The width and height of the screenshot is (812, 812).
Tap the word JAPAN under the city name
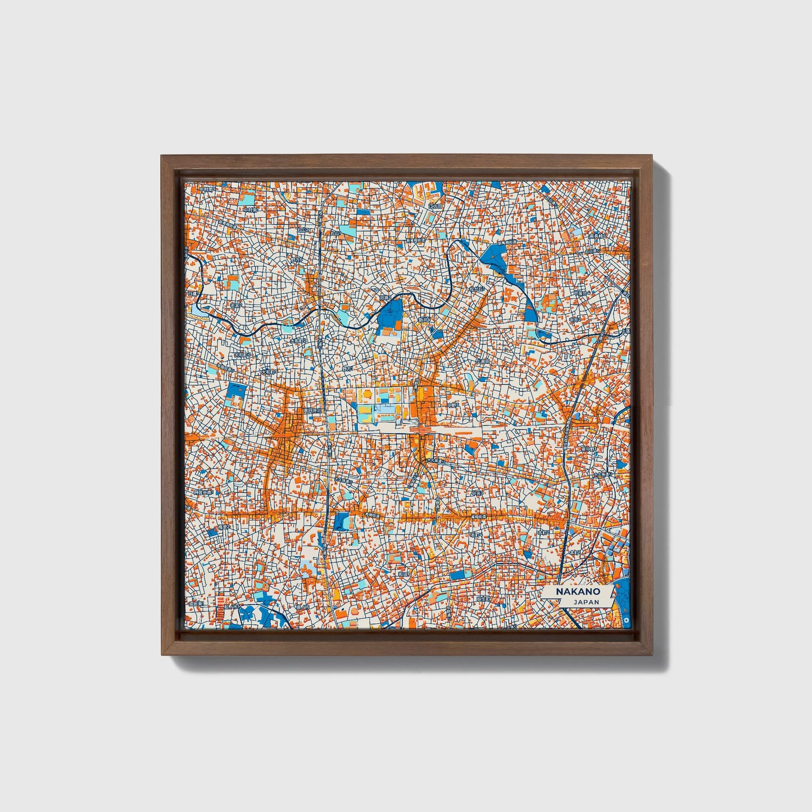click(586, 602)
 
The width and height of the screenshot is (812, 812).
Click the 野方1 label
click(348, 369)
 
